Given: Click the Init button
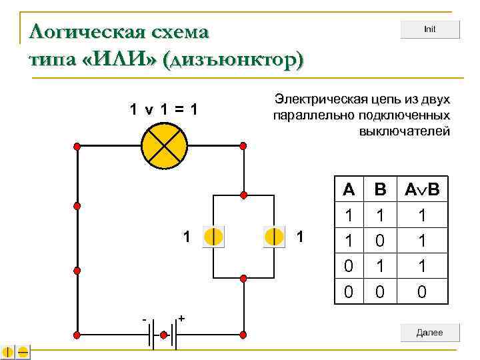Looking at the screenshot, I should [x=430, y=30].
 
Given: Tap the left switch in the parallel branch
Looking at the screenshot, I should [x=213, y=236].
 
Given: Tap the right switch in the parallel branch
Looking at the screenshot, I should [x=274, y=236].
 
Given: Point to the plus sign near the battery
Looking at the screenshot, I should [x=181, y=319].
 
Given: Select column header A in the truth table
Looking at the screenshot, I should [x=349, y=190].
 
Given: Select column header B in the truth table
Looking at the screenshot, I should [x=380, y=190].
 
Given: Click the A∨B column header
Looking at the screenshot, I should [x=422, y=190].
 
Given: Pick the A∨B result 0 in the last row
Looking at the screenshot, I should [x=422, y=291].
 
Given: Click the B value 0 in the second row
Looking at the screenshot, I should [x=380, y=240].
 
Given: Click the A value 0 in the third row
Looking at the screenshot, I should [x=349, y=265].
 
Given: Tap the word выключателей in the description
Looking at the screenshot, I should [x=405, y=131].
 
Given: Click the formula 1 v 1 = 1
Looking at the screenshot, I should [x=163, y=109].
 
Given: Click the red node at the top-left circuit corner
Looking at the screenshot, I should [x=77, y=146].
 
